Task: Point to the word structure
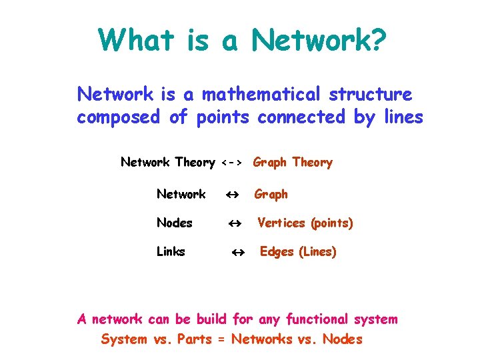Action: click(x=373, y=95)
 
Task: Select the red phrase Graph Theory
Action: click(x=293, y=163)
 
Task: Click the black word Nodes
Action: click(x=174, y=223)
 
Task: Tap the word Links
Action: click(x=171, y=252)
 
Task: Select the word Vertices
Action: click(x=282, y=223)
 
